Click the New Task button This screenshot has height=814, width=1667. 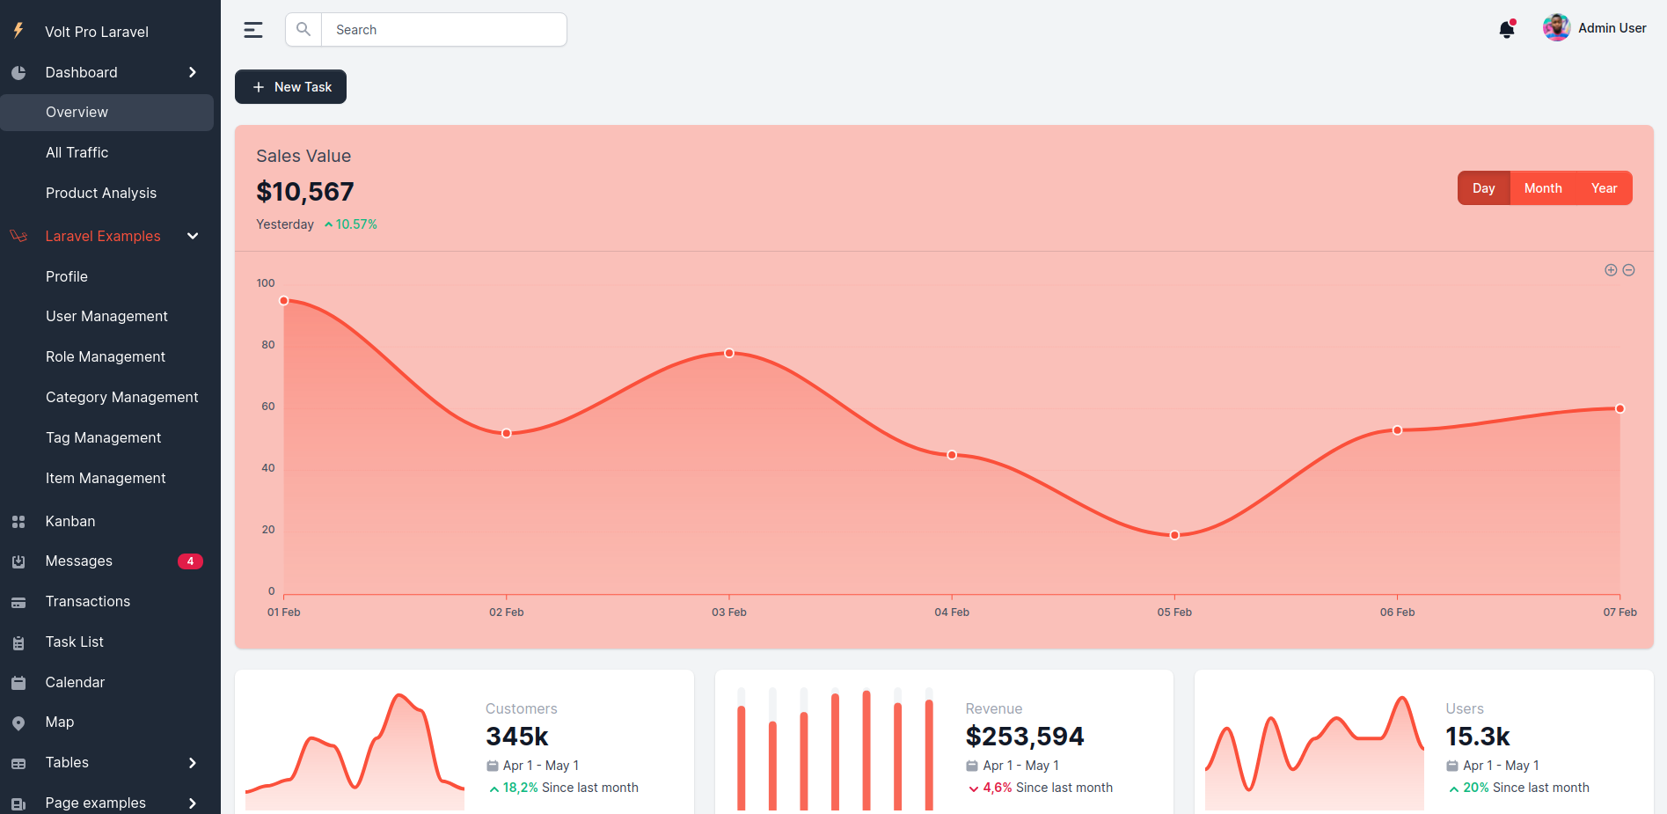coord(290,87)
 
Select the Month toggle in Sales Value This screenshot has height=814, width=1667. coord(1543,188)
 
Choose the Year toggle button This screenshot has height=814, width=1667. coord(1604,188)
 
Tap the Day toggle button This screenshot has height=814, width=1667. coord(1484,188)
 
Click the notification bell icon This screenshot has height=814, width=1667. coord(1507,30)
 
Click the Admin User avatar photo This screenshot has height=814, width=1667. coord(1556,28)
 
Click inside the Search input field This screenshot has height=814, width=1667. coord(444,30)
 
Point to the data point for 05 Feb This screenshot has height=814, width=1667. coord(1174,535)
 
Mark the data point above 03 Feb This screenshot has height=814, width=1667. coord(729,353)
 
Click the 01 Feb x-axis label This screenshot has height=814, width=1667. coord(284,612)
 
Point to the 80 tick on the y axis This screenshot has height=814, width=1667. coord(268,345)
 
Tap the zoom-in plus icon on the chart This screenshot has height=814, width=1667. coord(1611,270)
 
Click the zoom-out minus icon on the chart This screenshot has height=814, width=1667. coord(1628,270)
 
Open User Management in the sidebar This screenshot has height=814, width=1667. coord(106,316)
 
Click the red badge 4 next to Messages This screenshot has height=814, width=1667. coord(190,561)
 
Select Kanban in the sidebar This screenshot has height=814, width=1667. coord(70,521)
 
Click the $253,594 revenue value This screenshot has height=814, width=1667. coord(1025,737)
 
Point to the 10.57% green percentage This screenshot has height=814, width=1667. coord(355,224)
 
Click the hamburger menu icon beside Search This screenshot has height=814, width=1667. coord(253,30)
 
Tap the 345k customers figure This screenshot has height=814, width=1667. coord(517,737)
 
